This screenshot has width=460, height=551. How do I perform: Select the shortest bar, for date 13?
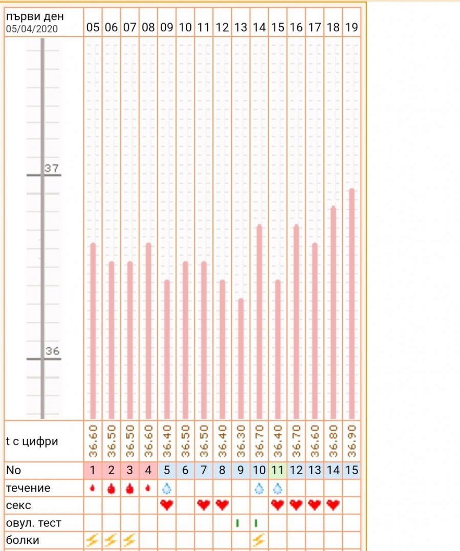point(240,358)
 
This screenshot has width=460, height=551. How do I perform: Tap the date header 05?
point(93,28)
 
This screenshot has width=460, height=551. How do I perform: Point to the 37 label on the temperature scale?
point(51,168)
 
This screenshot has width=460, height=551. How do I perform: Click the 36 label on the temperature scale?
point(52,351)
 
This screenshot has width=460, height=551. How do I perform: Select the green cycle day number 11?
point(278,470)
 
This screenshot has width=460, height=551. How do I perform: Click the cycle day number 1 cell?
point(93,470)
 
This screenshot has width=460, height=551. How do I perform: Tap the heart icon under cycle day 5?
point(167,505)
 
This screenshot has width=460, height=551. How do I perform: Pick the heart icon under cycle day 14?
point(333,505)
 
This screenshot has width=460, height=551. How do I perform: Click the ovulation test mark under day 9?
point(237,523)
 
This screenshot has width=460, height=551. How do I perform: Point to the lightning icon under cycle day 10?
point(259,539)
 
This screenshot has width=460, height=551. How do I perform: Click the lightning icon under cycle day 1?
point(93,539)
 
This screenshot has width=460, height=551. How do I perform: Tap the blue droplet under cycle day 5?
point(167,488)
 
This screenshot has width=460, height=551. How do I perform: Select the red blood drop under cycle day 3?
point(130,488)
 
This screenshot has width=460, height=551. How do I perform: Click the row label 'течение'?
point(28,488)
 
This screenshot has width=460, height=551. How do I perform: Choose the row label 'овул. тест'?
point(33,523)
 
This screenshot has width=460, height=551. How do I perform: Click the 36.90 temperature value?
point(352,441)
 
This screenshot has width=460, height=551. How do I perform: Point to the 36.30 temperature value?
point(240,441)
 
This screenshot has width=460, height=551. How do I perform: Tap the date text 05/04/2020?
point(32,29)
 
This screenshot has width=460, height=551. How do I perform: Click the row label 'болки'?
point(23,540)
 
